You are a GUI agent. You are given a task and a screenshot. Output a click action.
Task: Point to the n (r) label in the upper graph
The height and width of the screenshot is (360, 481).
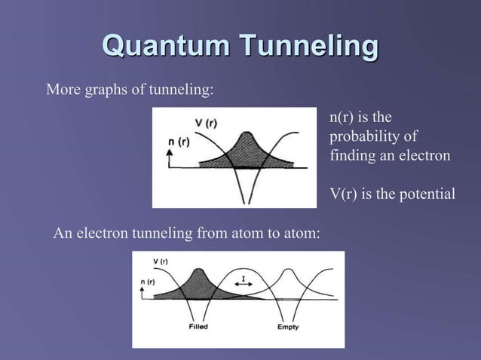click(179, 141)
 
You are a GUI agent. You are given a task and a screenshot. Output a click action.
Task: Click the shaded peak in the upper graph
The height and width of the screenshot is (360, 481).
click(247, 150)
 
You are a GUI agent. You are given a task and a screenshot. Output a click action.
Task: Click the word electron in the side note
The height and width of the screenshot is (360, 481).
click(425, 156)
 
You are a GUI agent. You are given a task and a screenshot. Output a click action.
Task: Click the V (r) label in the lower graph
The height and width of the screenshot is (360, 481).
click(160, 261)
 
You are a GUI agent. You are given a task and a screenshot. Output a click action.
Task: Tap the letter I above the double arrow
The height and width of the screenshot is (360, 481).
click(243, 278)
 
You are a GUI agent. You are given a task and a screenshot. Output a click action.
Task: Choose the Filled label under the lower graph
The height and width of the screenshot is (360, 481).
click(199, 328)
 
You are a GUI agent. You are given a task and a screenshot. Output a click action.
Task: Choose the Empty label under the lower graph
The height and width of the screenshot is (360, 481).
click(287, 328)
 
